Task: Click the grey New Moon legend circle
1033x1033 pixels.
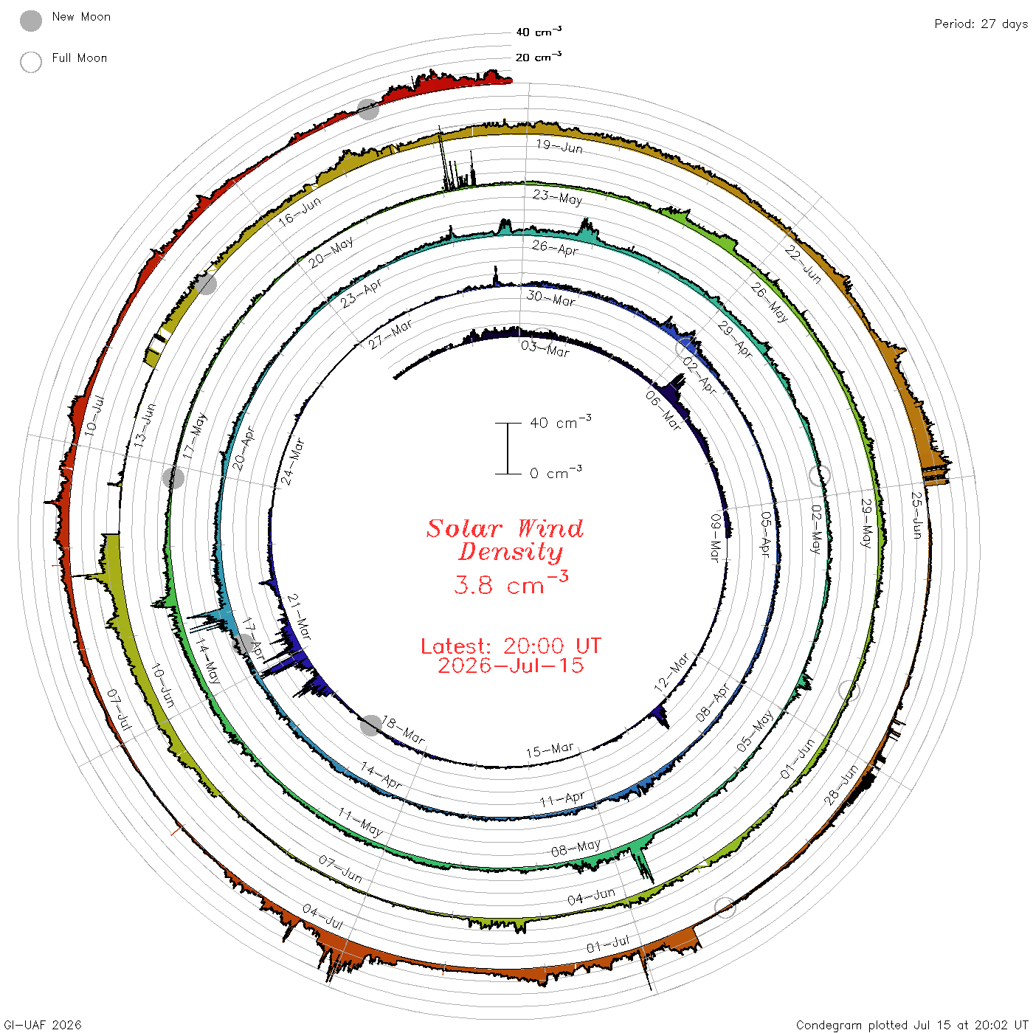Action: (x=30, y=21)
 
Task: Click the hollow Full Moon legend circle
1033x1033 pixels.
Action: (x=30, y=62)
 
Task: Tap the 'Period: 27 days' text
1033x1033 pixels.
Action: (x=981, y=24)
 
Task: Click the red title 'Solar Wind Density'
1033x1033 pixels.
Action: (x=505, y=540)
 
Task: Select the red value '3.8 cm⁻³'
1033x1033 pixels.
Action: (x=511, y=583)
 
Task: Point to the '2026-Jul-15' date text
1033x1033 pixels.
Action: (x=511, y=666)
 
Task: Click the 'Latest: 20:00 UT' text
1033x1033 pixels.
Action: (x=511, y=646)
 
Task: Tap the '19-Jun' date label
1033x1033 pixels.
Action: (x=559, y=146)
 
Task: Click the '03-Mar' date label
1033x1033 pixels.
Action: (x=545, y=348)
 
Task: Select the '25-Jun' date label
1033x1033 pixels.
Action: (x=916, y=515)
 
